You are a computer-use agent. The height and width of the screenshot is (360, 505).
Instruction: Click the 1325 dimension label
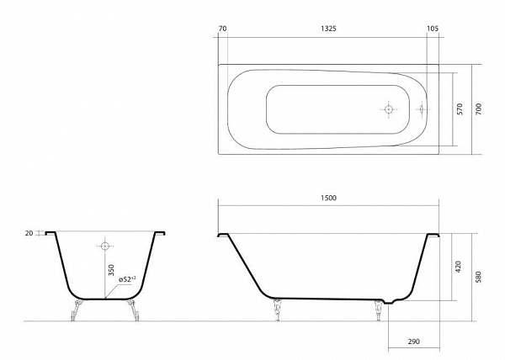tap(328, 29)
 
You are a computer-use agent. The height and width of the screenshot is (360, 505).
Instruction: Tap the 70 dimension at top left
tap(222, 29)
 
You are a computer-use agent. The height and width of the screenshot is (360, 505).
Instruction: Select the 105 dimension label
tap(433, 29)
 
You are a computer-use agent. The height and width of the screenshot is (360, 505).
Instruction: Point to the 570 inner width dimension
tap(460, 109)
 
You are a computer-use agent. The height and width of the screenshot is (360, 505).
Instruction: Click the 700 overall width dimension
tap(479, 109)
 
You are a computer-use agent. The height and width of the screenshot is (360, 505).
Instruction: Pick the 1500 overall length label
tap(328, 198)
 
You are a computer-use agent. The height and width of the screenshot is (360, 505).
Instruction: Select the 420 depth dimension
tap(459, 267)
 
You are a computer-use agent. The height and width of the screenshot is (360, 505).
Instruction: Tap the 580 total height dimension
tap(478, 277)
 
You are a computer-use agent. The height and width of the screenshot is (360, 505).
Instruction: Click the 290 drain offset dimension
tap(413, 341)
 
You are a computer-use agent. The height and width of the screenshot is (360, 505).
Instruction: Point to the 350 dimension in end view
tap(111, 270)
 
